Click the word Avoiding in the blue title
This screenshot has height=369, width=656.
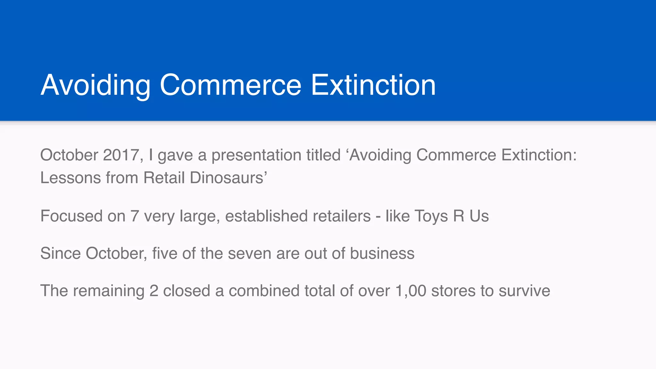(x=95, y=85)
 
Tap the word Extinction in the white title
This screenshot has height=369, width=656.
(x=373, y=85)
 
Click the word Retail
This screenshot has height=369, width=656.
(x=164, y=178)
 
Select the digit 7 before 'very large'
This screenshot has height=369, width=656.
(x=135, y=216)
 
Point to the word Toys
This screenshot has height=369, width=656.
(x=431, y=216)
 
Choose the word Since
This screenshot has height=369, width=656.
(x=61, y=253)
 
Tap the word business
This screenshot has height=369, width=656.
(x=382, y=253)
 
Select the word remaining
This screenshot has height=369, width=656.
(x=109, y=291)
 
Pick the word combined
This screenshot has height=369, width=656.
(x=264, y=291)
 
